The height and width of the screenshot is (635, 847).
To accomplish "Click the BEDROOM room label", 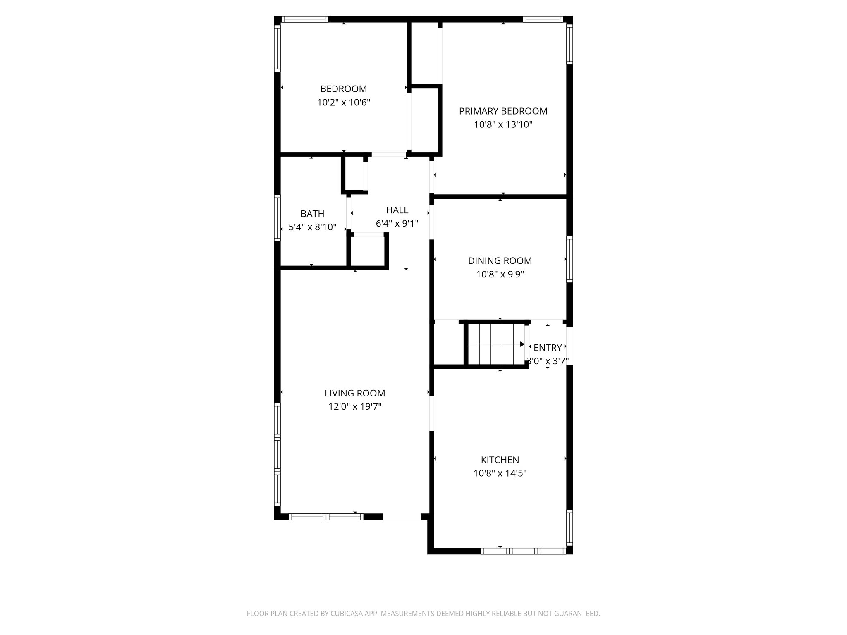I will pyautogui.click(x=343, y=89).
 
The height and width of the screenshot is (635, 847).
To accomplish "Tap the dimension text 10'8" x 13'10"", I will pyautogui.click(x=503, y=124).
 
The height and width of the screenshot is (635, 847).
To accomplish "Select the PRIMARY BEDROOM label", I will pyautogui.click(x=503, y=111).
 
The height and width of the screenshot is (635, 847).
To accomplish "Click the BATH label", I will pyautogui.click(x=312, y=214).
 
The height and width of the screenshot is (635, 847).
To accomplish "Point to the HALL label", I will pyautogui.click(x=397, y=210).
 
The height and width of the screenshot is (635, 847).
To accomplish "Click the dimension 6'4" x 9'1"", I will pyautogui.click(x=397, y=224).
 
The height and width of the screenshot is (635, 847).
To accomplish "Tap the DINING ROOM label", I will pyautogui.click(x=500, y=261).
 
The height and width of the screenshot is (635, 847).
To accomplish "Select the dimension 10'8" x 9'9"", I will pyautogui.click(x=500, y=274).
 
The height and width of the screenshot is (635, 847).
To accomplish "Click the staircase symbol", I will pyautogui.click(x=494, y=344).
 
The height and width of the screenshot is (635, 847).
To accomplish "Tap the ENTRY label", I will pyautogui.click(x=548, y=348).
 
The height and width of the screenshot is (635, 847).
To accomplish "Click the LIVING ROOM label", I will pyautogui.click(x=355, y=393).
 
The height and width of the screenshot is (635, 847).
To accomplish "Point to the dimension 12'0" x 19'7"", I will pyautogui.click(x=355, y=407).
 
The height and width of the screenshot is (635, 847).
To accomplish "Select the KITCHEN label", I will pyautogui.click(x=500, y=460).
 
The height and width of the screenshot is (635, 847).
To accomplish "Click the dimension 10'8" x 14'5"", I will pyautogui.click(x=500, y=473).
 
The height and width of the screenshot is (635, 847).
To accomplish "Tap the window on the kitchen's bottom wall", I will pyautogui.click(x=523, y=551).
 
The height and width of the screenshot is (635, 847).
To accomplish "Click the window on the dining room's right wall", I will pyautogui.click(x=569, y=259).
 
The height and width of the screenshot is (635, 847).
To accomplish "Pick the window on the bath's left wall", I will pyautogui.click(x=278, y=217).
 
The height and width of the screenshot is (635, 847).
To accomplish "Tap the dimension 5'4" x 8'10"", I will pyautogui.click(x=312, y=227).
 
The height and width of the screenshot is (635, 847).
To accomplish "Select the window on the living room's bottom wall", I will pyautogui.click(x=326, y=516).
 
